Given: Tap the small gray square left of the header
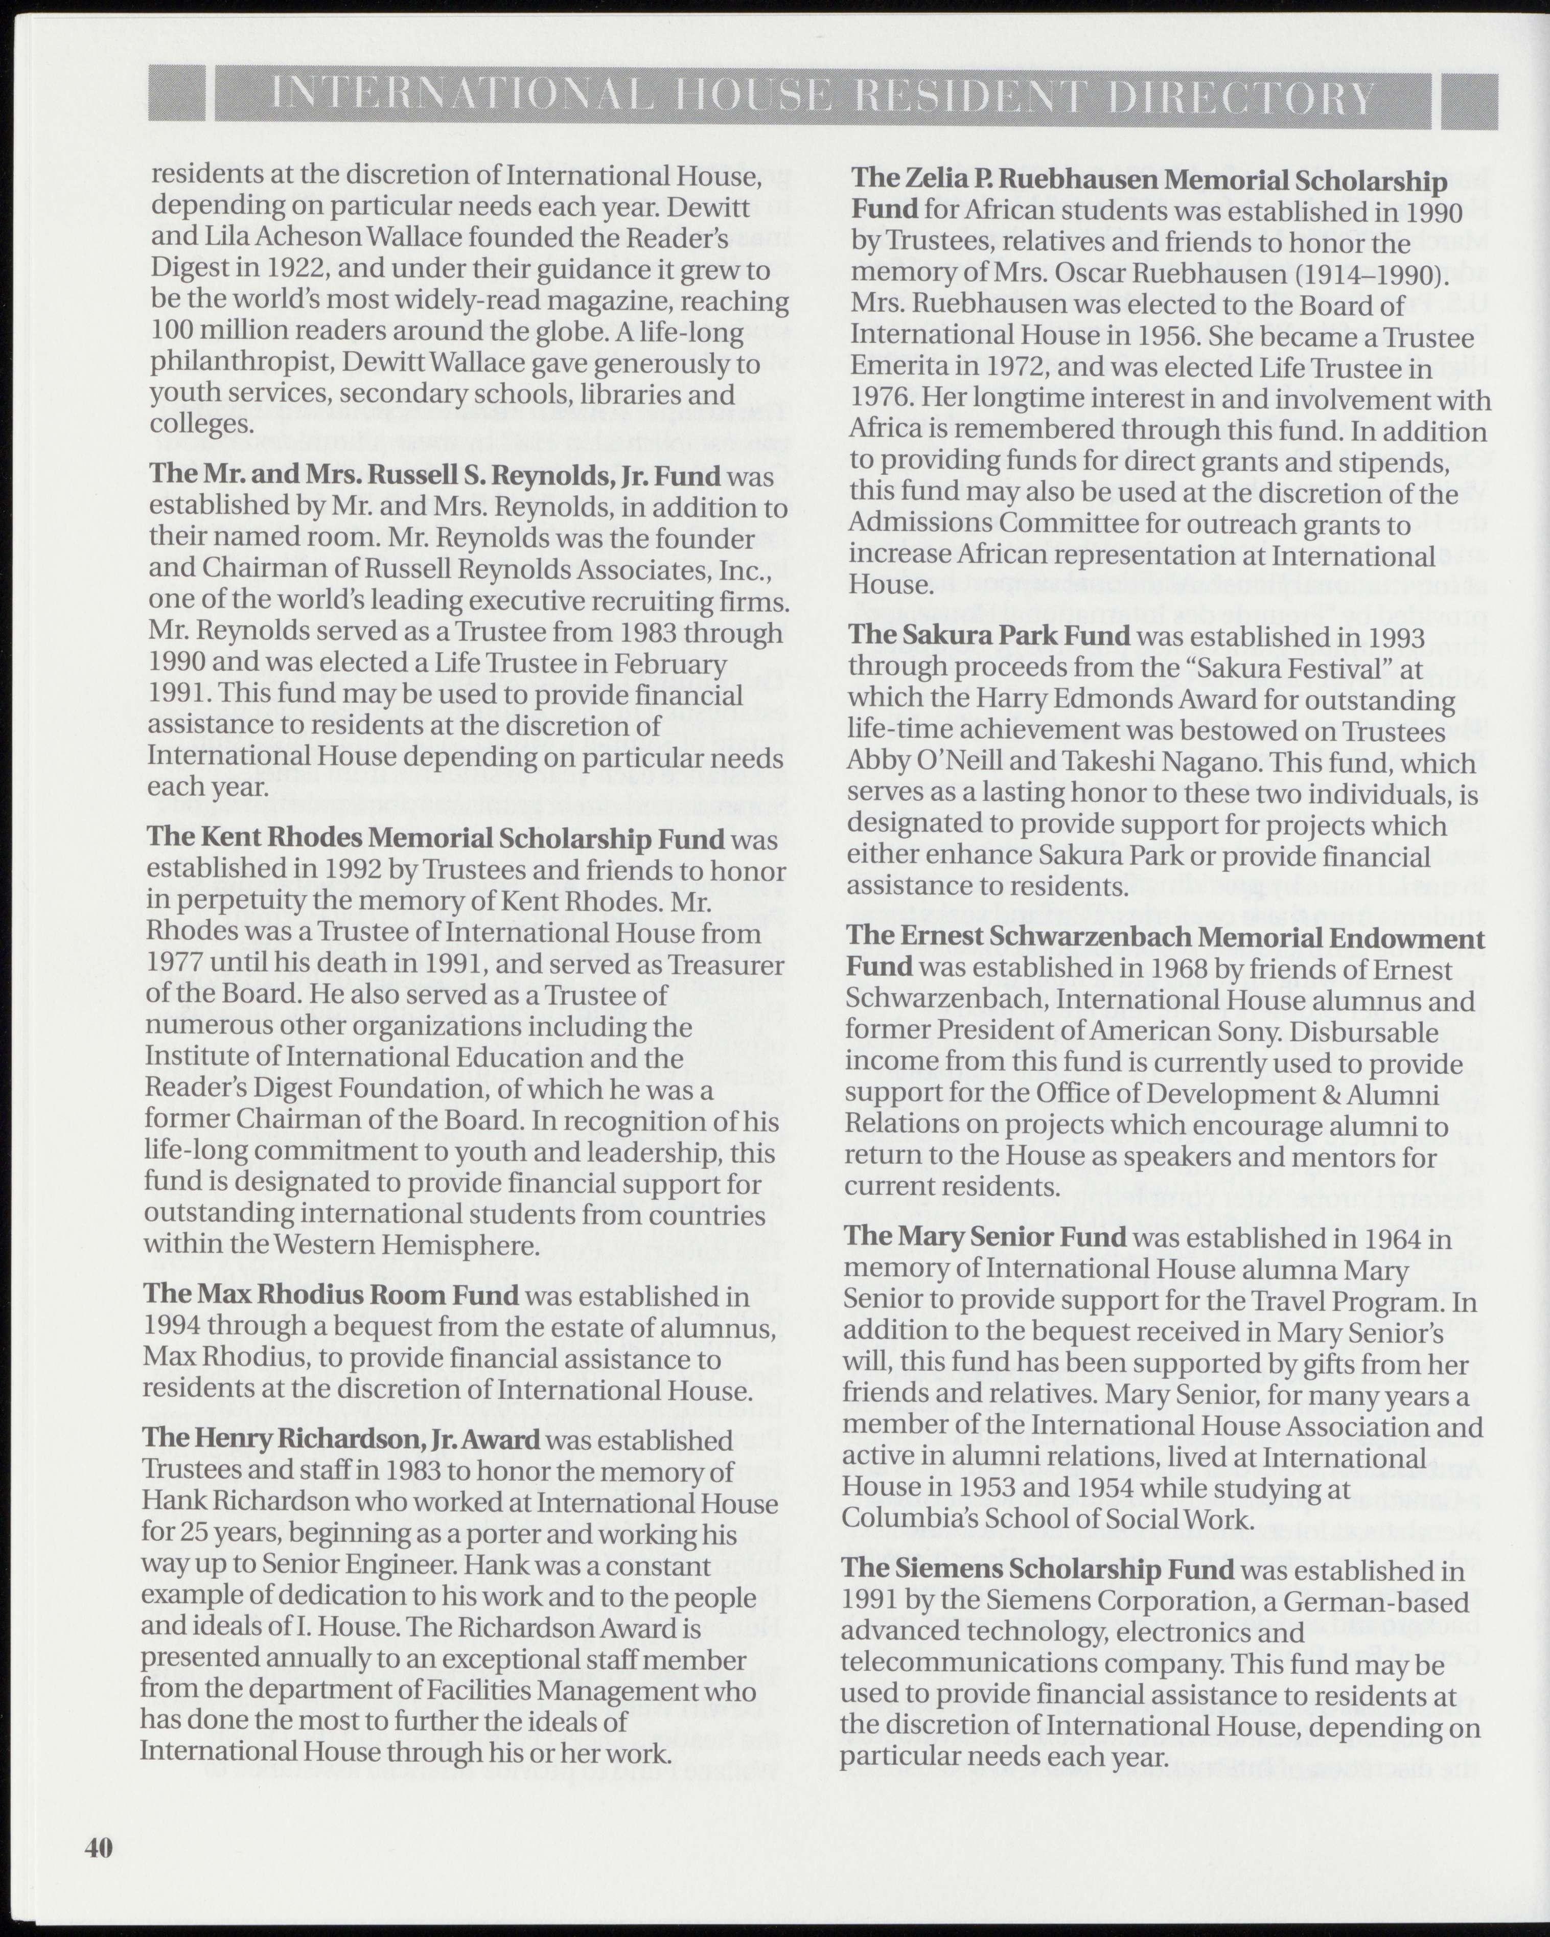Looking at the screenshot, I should point(176,97).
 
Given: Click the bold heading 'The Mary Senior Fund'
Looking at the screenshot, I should point(985,1237).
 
